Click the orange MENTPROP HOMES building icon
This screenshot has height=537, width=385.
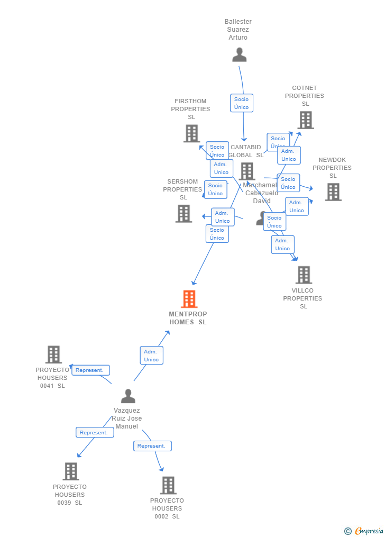click(x=189, y=299)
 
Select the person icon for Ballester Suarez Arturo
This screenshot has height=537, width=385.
click(x=239, y=54)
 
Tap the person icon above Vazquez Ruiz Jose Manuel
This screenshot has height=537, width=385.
click(x=128, y=396)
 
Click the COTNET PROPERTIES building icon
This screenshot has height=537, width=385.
click(x=305, y=120)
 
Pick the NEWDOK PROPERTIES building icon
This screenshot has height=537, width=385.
click(x=333, y=192)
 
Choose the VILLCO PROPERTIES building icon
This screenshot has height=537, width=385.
click(x=304, y=275)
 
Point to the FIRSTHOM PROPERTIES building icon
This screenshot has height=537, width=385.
click(x=191, y=133)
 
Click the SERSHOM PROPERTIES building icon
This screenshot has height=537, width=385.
click(x=184, y=213)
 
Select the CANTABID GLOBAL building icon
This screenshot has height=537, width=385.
click(x=247, y=171)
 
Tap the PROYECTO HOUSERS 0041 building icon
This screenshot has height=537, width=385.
click(x=53, y=354)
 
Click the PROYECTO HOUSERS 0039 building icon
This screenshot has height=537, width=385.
click(x=70, y=471)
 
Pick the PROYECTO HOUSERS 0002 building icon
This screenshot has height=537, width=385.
click(x=168, y=485)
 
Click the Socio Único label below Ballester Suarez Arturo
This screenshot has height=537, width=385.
click(x=241, y=103)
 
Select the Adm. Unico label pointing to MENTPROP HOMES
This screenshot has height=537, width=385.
click(x=151, y=356)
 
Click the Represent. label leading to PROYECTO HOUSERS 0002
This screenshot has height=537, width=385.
click(x=152, y=446)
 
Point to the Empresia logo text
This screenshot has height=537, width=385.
click(x=369, y=531)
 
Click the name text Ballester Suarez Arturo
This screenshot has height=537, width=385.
click(x=238, y=30)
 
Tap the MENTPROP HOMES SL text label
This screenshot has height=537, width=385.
click(x=188, y=318)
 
